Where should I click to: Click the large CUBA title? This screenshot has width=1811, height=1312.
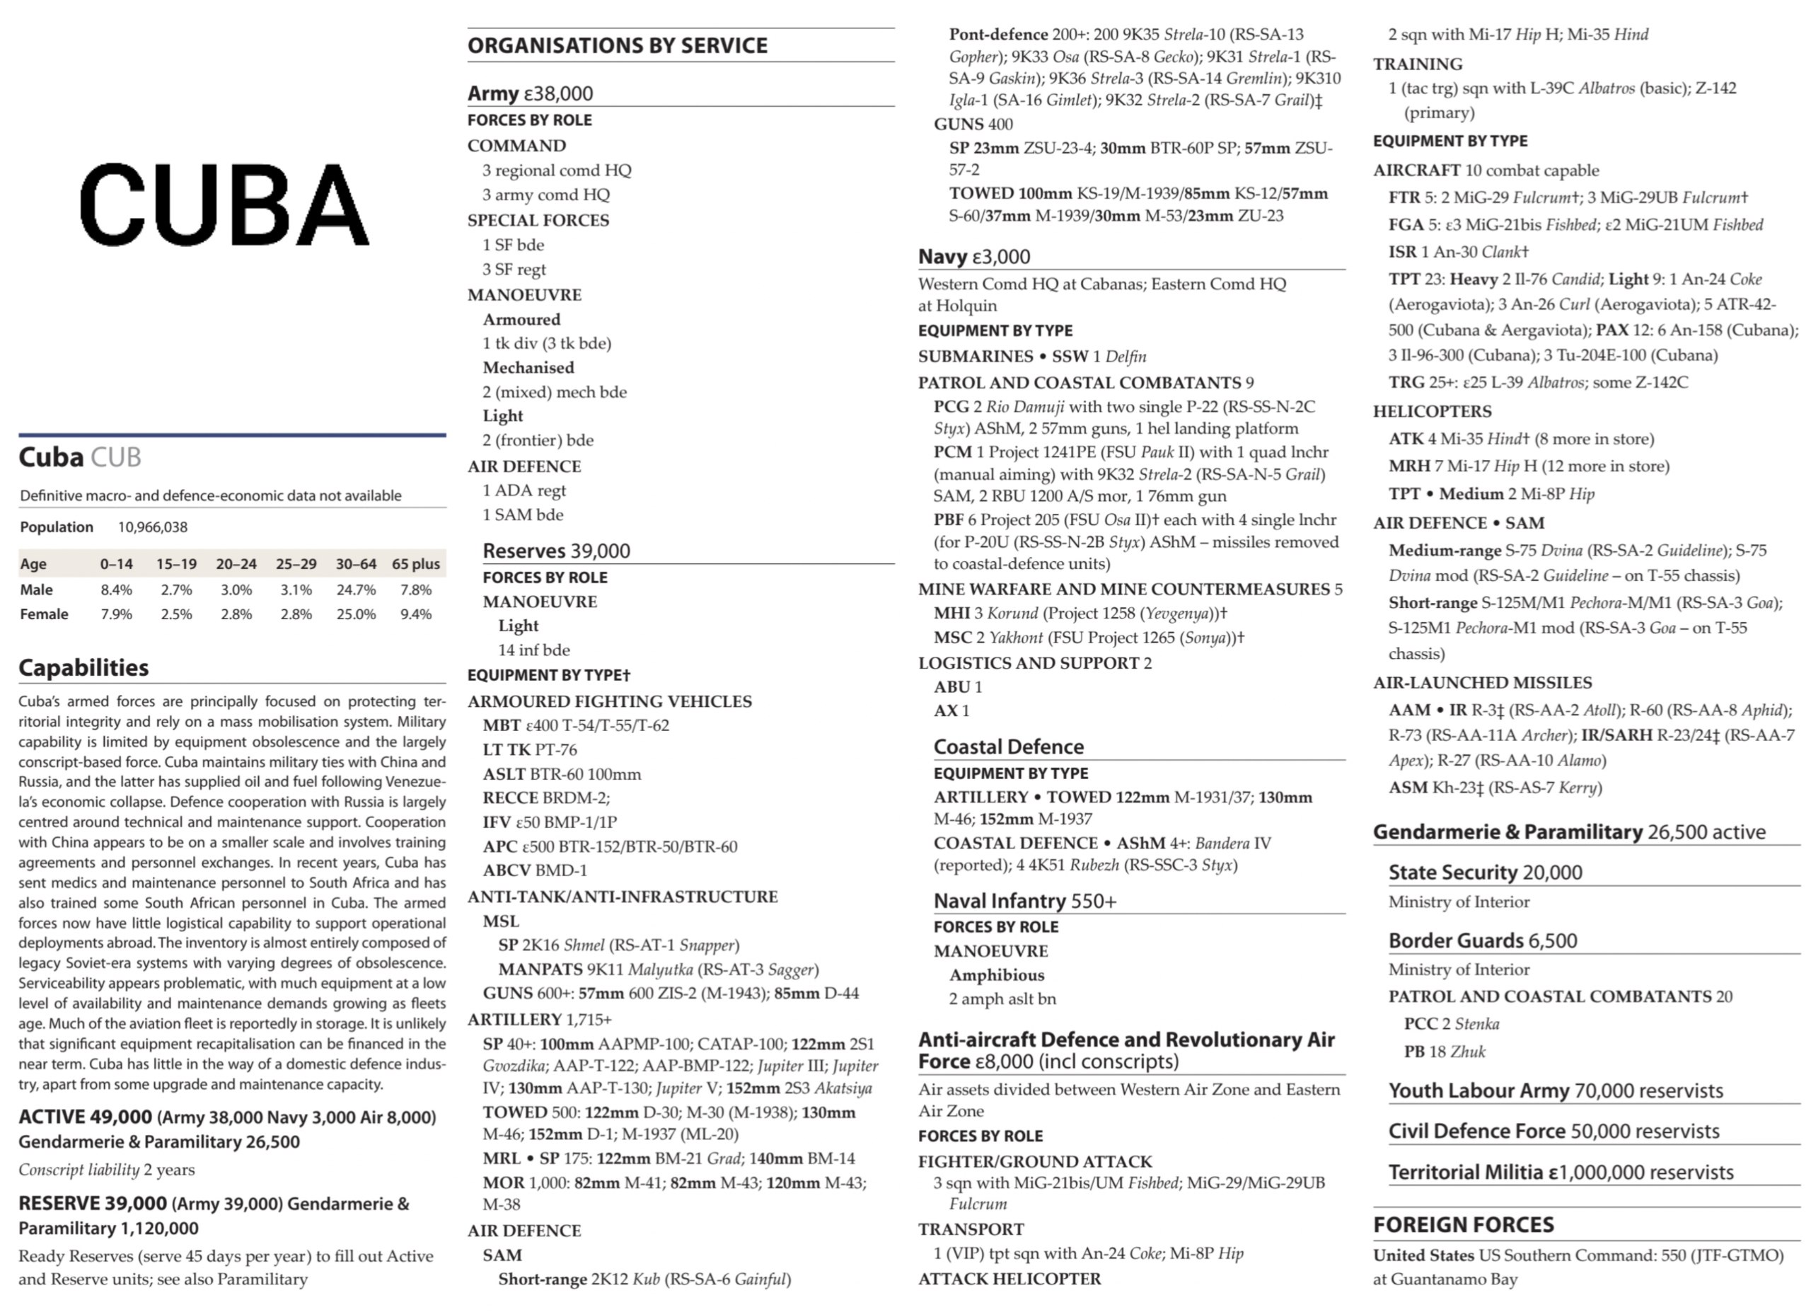click(x=224, y=205)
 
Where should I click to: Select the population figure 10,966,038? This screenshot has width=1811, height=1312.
click(x=153, y=527)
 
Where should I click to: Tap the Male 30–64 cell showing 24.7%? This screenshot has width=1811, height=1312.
click(x=355, y=590)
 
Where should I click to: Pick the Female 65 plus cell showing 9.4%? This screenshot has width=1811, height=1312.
click(x=415, y=614)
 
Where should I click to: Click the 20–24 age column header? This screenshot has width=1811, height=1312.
click(x=236, y=564)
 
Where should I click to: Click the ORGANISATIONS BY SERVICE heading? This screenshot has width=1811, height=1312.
click(x=618, y=45)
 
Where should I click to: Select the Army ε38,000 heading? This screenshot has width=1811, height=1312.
click(x=530, y=93)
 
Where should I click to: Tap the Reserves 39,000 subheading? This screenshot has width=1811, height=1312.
click(x=556, y=551)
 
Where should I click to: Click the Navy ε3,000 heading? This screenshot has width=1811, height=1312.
click(x=973, y=256)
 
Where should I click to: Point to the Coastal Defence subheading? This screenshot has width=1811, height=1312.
click(x=1009, y=747)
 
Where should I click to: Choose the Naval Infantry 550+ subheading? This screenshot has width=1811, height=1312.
click(x=1024, y=901)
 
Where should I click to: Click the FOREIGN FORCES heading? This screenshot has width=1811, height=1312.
click(x=1463, y=1224)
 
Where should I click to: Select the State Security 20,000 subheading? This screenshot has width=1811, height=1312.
click(x=1484, y=872)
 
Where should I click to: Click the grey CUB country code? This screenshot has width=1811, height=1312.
click(x=116, y=458)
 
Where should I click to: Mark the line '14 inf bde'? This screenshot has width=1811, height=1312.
click(x=533, y=650)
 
